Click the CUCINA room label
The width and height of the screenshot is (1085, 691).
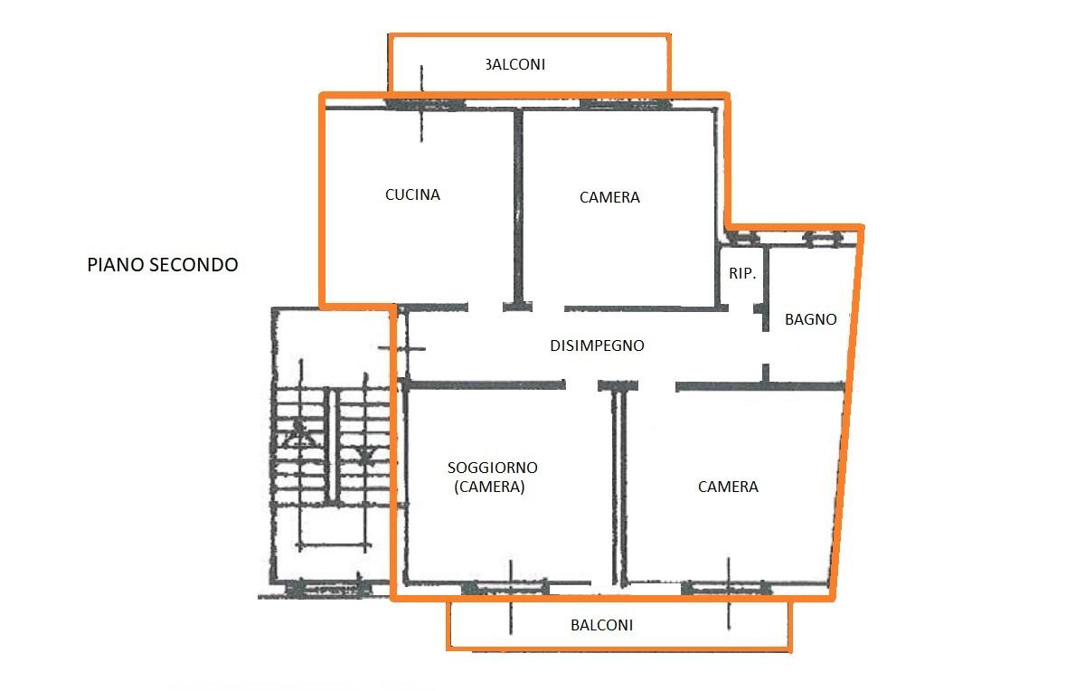pyautogui.click(x=412, y=194)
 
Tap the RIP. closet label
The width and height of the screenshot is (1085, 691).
pyautogui.click(x=742, y=273)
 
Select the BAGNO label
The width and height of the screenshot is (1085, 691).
pyautogui.click(x=810, y=319)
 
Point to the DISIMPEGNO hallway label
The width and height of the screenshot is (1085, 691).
pyautogui.click(x=597, y=345)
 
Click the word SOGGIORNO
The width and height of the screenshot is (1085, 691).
pyautogui.click(x=492, y=468)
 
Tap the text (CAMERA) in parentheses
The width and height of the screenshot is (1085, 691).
pyautogui.click(x=489, y=487)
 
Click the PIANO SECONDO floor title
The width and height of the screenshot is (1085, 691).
pyautogui.click(x=162, y=265)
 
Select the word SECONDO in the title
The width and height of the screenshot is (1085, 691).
pyautogui.click(x=193, y=265)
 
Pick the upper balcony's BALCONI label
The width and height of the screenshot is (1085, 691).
pyautogui.click(x=515, y=64)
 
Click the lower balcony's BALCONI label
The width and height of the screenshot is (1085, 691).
pyautogui.click(x=601, y=625)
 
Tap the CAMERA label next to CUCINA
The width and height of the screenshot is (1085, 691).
pyautogui.click(x=609, y=197)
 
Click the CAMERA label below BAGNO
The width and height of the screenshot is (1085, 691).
pyautogui.click(x=728, y=487)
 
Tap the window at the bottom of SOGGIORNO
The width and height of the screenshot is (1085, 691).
pyautogui.click(x=505, y=588)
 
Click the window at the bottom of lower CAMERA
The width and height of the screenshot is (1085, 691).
pyautogui.click(x=726, y=588)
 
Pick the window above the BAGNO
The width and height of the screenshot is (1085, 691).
pyautogui.click(x=823, y=239)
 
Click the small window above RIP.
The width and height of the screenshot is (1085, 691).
pyautogui.click(x=744, y=238)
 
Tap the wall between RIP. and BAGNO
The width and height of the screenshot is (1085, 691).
pyautogui.click(x=766, y=289)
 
